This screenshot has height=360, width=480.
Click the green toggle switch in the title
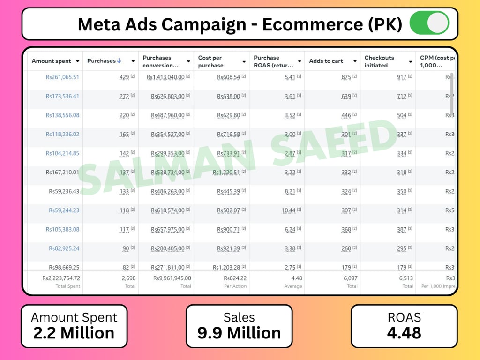(429, 23)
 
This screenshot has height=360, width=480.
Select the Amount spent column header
(51, 61)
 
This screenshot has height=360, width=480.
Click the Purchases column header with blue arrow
(104, 61)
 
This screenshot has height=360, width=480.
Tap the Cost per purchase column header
(210, 61)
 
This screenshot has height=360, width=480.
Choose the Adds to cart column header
(326, 61)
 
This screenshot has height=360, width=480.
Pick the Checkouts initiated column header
(379, 61)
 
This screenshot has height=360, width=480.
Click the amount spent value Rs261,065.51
(62, 77)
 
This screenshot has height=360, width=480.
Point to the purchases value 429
(124, 77)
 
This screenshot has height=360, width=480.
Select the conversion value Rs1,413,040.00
(165, 77)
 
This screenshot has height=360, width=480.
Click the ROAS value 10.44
(288, 210)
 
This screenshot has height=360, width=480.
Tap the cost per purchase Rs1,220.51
(227, 172)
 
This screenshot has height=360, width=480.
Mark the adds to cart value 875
(346, 77)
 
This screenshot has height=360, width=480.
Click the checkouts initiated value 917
(401, 77)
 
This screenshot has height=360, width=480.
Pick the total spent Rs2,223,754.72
(61, 278)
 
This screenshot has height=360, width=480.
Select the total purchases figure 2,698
(128, 278)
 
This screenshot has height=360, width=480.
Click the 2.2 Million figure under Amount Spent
(74, 333)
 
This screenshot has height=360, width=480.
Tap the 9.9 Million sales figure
(239, 333)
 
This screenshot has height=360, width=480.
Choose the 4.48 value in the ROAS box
(404, 333)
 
